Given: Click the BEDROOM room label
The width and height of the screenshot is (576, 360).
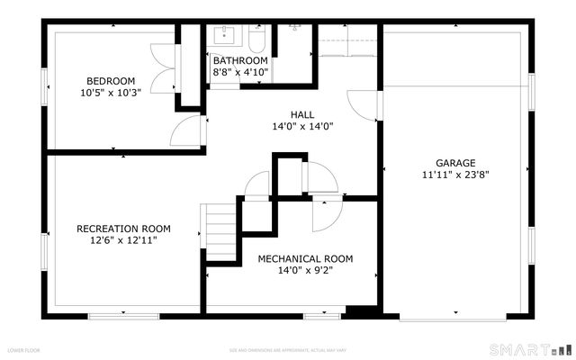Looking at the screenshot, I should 110,79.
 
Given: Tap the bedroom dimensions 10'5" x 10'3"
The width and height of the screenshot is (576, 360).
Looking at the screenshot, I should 110,91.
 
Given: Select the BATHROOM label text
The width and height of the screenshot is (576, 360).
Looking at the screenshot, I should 240,60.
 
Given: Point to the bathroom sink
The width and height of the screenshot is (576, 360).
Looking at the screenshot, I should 224,37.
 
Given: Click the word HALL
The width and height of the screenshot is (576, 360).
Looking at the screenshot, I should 302,114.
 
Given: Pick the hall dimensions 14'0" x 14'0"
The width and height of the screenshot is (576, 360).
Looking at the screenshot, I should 302,126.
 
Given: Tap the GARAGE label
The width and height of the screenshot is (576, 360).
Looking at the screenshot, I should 456,163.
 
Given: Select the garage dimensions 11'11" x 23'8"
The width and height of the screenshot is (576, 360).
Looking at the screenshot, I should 456,175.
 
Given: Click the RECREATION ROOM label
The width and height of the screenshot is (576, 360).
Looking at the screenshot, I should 123,229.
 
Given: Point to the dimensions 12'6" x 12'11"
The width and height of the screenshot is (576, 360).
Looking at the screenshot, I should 123,240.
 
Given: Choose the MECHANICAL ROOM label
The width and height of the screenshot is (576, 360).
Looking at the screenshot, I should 305,258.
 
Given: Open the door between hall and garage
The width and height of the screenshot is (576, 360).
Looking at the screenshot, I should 364,105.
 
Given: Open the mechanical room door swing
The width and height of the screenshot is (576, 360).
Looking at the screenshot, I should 326,214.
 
